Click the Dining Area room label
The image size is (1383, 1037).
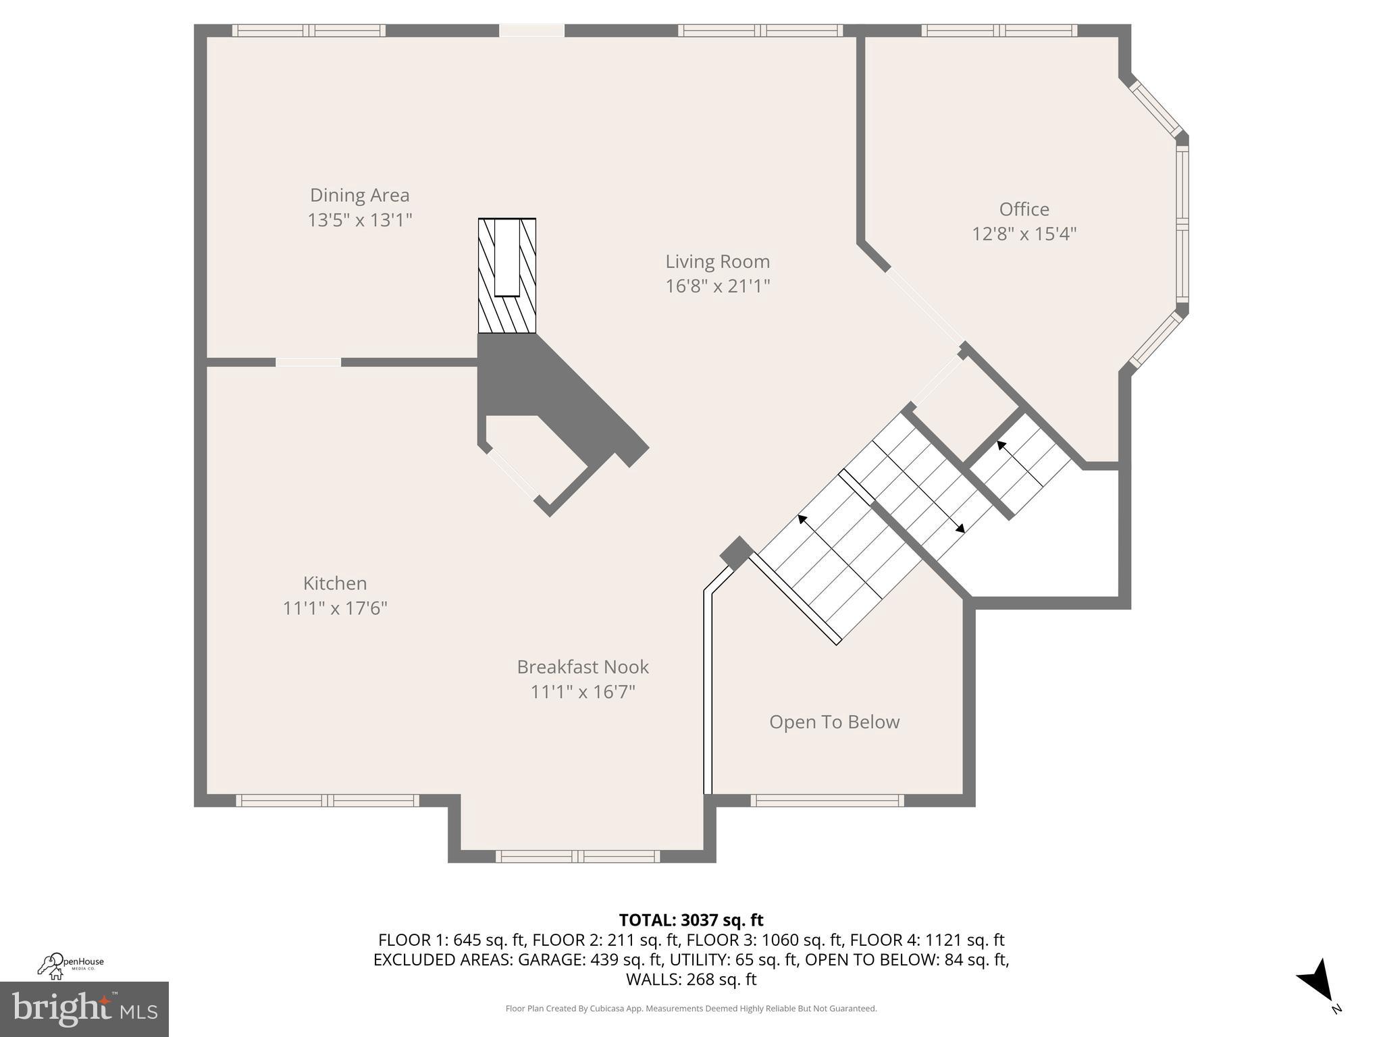(x=359, y=195)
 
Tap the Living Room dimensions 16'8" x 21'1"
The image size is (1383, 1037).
(x=717, y=286)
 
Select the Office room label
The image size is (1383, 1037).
(x=1024, y=209)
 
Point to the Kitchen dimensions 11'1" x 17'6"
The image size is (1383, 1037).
(x=335, y=608)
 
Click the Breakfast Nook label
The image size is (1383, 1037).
(x=583, y=667)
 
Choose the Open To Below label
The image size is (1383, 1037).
(x=834, y=722)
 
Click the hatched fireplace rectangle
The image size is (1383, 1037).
(x=506, y=275)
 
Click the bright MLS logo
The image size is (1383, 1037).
(x=84, y=1009)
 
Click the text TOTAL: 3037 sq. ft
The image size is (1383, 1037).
(x=691, y=920)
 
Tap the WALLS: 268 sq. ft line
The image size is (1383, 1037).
(x=691, y=979)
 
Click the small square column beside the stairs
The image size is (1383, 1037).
(x=736, y=553)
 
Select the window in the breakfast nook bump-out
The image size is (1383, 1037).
(x=577, y=856)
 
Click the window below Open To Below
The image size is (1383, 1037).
(x=827, y=800)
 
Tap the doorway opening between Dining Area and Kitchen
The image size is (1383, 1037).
(x=308, y=363)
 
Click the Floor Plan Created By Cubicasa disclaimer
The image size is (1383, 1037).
(x=691, y=1009)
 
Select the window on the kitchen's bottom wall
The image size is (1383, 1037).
(x=328, y=800)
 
